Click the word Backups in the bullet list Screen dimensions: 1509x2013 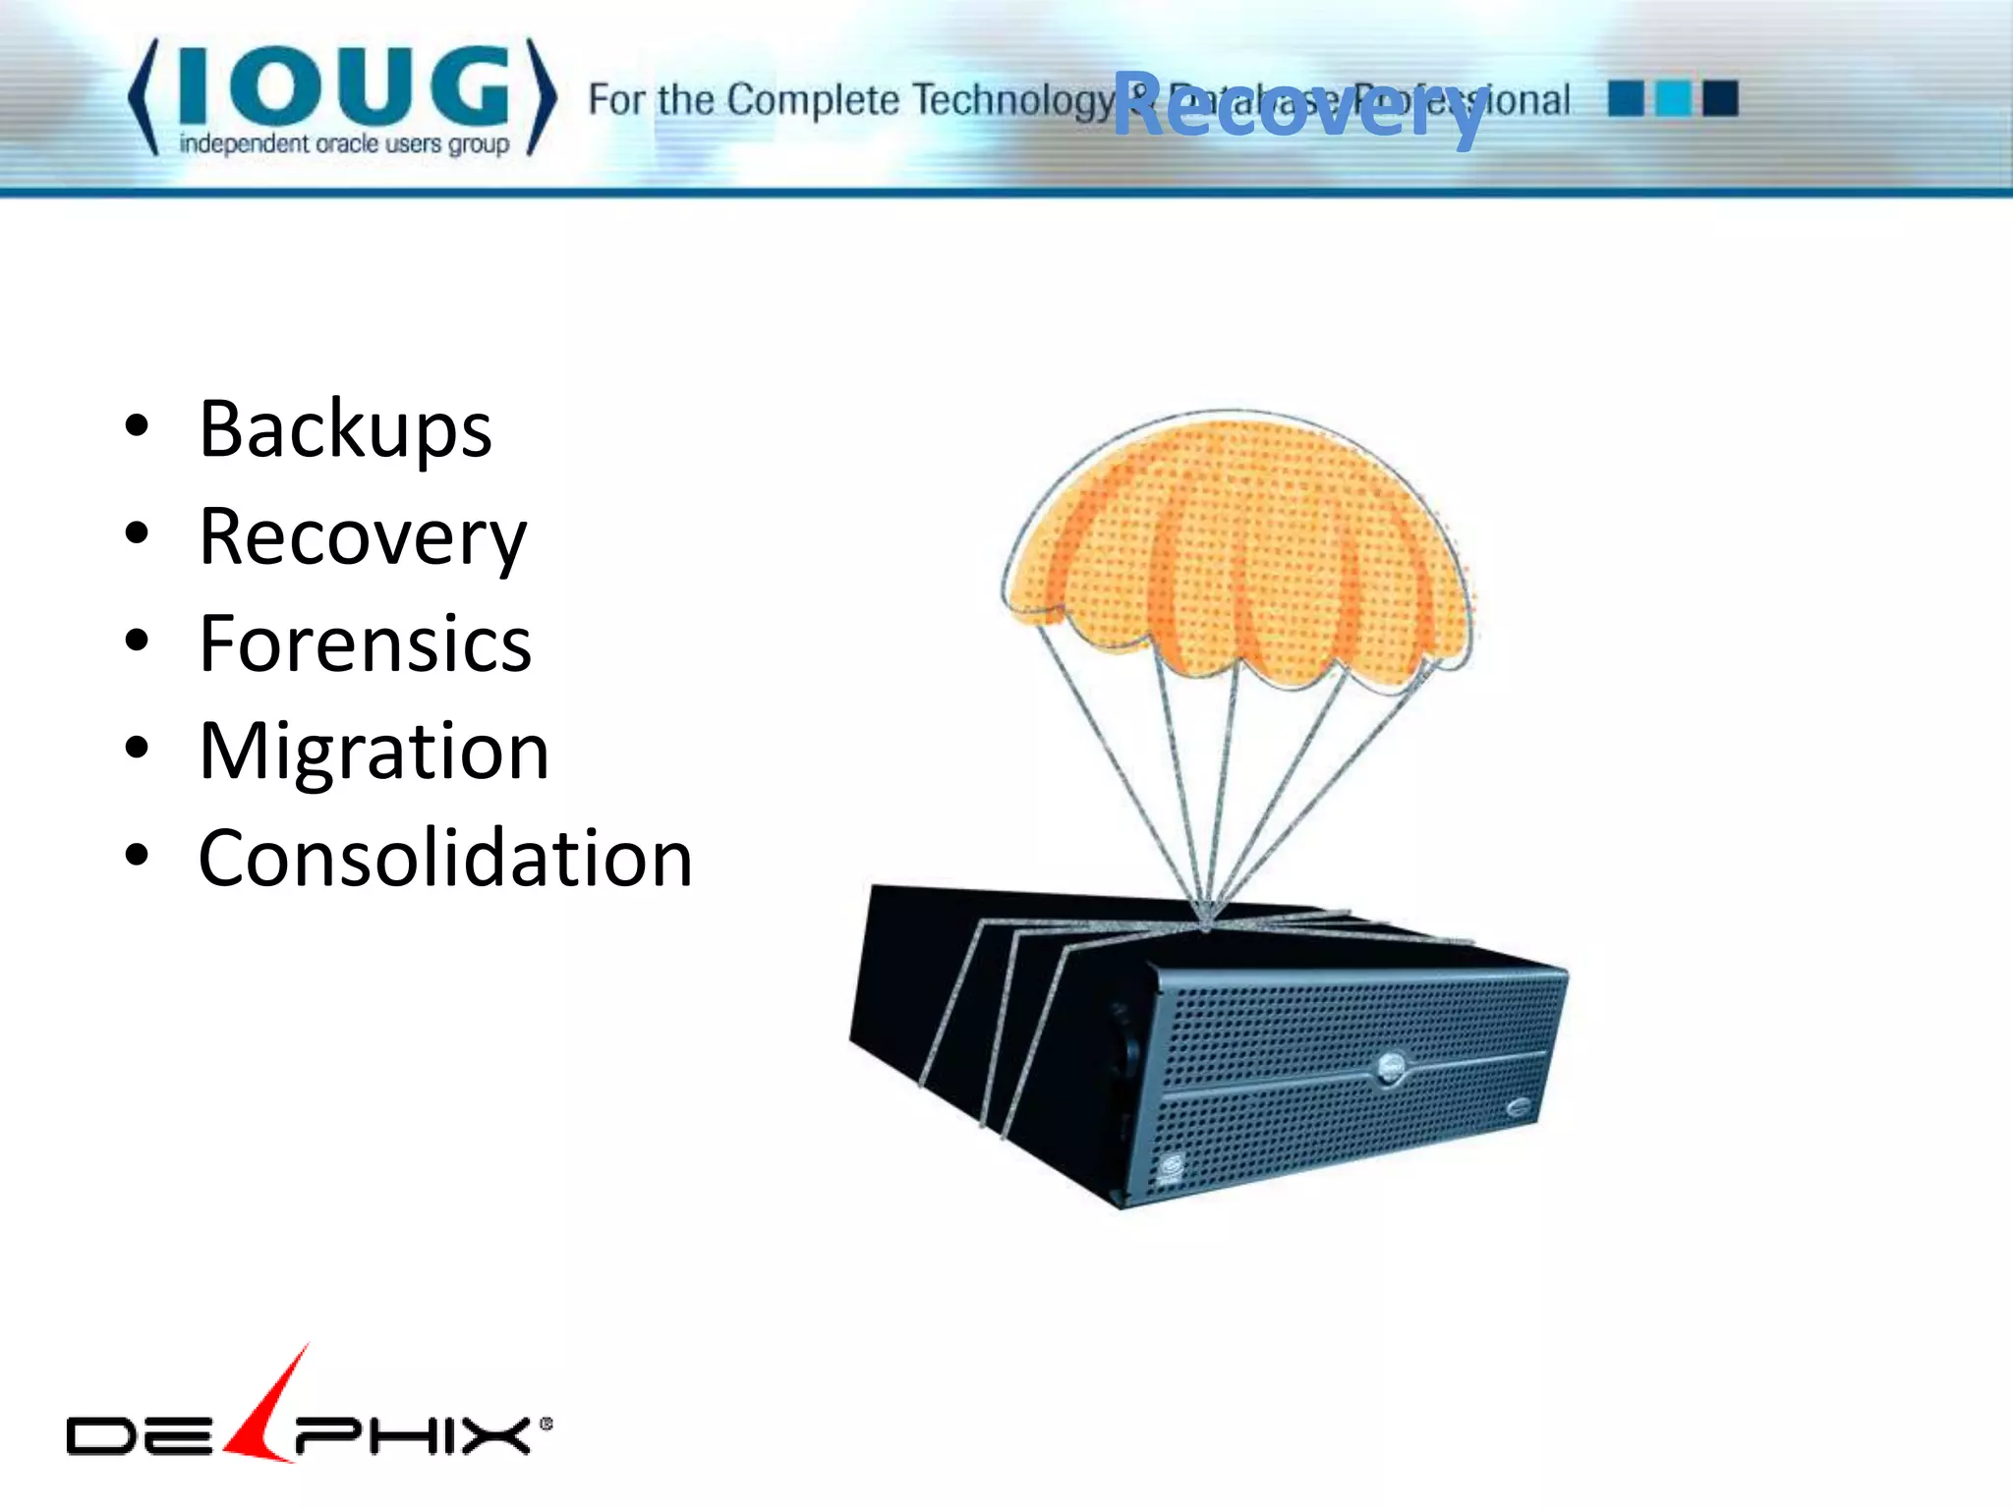pyautogui.click(x=345, y=429)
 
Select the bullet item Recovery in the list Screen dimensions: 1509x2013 pyautogui.click(x=362, y=537)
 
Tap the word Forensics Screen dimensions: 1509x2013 pyautogui.click(x=365, y=644)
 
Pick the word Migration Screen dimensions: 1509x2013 pyautogui.click(x=374, y=752)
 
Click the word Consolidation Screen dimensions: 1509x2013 pyautogui.click(x=445, y=859)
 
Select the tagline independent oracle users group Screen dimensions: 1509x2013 pyautogui.click(x=344, y=144)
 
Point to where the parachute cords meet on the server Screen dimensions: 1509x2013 pyautogui.click(x=1206, y=922)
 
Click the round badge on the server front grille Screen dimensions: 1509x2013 pyautogui.click(x=1391, y=1068)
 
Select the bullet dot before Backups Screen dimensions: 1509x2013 pyautogui.click(x=137, y=427)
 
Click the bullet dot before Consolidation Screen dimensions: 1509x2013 pyautogui.click(x=137, y=856)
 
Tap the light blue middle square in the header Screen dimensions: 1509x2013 pyautogui.click(x=1672, y=98)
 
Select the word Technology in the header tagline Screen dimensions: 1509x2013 pyautogui.click(x=1012, y=100)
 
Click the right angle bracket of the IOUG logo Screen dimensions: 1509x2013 pyautogui.click(x=542, y=96)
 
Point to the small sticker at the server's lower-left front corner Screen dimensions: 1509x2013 pyautogui.click(x=1171, y=1169)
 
